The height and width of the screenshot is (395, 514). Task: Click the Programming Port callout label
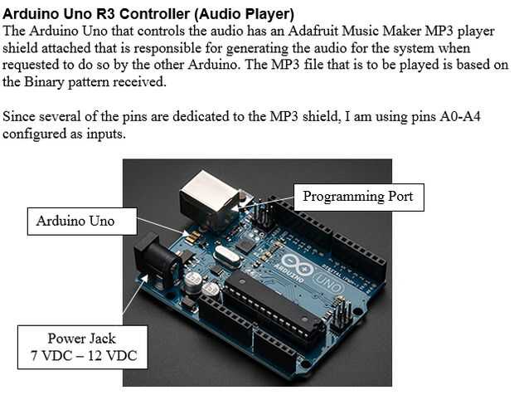click(357, 197)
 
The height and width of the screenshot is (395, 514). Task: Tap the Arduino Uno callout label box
click(75, 221)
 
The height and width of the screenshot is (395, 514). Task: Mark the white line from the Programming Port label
click(278, 201)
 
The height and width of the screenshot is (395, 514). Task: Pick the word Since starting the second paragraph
click(20, 116)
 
